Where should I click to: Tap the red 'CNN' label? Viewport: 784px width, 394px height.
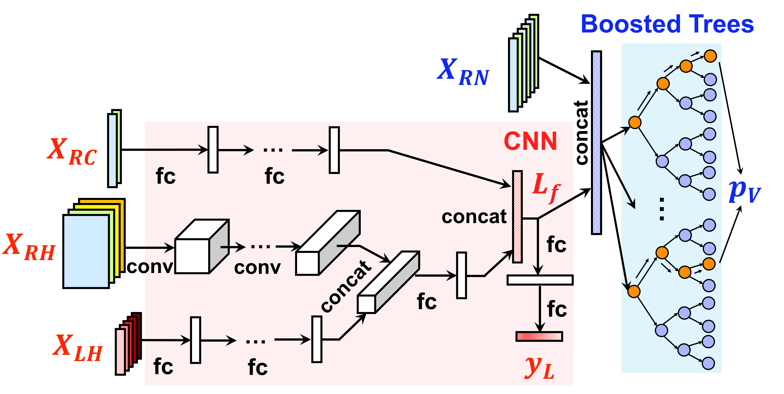click(530, 141)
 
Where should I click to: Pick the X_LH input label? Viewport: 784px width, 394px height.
click(78, 348)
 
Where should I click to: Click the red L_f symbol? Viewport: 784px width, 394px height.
click(546, 187)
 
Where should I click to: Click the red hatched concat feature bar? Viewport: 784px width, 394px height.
click(517, 216)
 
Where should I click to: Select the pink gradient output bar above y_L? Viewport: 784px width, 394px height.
click(539, 336)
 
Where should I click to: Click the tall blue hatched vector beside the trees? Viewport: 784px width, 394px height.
click(596, 143)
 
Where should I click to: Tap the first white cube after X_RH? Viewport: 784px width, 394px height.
click(202, 247)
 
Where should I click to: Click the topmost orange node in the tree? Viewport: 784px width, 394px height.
click(710, 56)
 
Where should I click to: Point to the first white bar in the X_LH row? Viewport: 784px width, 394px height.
click(195, 340)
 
